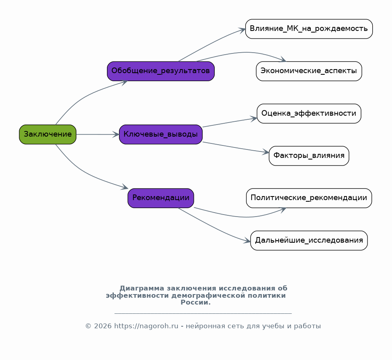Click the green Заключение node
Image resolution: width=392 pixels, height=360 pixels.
48,135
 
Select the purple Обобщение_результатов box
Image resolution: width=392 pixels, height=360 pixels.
161,71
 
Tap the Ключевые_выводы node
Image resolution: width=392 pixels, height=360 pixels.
161,135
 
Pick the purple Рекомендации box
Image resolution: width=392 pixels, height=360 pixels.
161,198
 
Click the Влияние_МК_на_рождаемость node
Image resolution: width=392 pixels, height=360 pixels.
309,29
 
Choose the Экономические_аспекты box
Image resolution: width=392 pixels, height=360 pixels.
309,71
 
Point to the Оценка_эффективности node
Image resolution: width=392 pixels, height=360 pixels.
309,114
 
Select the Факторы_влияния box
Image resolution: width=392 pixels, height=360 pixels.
309,156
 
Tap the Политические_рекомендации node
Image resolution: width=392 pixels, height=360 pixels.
309,198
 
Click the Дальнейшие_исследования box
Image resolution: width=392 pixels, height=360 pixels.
309,241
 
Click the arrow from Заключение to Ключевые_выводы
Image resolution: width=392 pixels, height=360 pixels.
98,135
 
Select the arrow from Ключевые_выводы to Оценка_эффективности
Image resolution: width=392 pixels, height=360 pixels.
230,123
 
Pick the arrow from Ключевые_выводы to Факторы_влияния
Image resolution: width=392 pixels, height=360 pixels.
236,147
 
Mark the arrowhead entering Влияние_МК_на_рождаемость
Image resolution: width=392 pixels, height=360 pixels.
242,31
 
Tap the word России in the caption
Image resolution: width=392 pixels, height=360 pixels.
195,302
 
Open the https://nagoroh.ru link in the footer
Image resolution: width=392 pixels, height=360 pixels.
146,326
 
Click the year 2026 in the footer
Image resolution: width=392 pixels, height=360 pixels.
103,326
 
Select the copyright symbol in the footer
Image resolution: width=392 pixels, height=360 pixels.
88,326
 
